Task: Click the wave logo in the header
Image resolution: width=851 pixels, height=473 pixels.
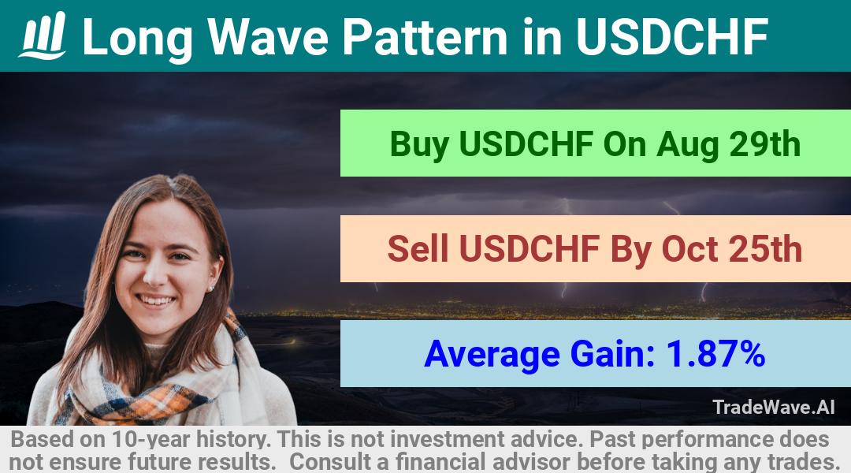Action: [43, 35]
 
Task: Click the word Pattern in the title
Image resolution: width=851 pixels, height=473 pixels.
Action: [425, 36]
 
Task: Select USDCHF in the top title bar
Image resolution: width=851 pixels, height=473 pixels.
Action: [672, 36]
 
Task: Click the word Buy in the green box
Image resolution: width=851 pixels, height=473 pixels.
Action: [419, 144]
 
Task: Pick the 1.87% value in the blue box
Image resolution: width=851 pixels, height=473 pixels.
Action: [715, 353]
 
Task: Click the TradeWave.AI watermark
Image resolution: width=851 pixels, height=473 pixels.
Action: [774, 407]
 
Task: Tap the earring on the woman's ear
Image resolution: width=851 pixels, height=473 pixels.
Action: [211, 288]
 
